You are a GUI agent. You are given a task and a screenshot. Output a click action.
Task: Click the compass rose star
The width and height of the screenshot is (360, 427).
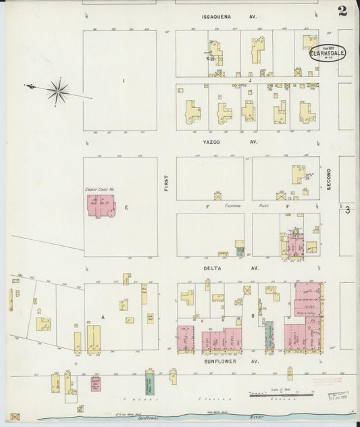click(59, 91)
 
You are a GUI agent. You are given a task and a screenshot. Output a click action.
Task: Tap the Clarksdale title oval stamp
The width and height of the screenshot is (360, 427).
click(325, 53)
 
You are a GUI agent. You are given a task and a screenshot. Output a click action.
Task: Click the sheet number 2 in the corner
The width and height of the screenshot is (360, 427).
click(342, 10)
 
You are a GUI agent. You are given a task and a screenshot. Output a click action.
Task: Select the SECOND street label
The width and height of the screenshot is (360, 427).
click(330, 178)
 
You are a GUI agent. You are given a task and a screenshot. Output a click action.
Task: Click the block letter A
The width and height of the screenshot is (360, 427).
click(103, 316)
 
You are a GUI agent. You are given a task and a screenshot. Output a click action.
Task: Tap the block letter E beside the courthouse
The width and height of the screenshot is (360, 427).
click(126, 207)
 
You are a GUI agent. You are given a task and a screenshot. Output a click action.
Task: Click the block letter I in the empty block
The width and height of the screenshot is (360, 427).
click(124, 81)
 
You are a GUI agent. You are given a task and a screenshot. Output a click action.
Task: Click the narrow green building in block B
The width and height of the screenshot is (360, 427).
click(269, 334)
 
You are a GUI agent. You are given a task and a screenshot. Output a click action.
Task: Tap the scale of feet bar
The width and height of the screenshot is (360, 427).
click(281, 395)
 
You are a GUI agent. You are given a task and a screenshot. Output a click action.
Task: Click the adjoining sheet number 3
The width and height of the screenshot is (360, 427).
click(348, 211)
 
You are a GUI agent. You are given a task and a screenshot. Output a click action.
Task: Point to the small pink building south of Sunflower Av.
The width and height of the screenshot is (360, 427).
click(96, 384)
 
